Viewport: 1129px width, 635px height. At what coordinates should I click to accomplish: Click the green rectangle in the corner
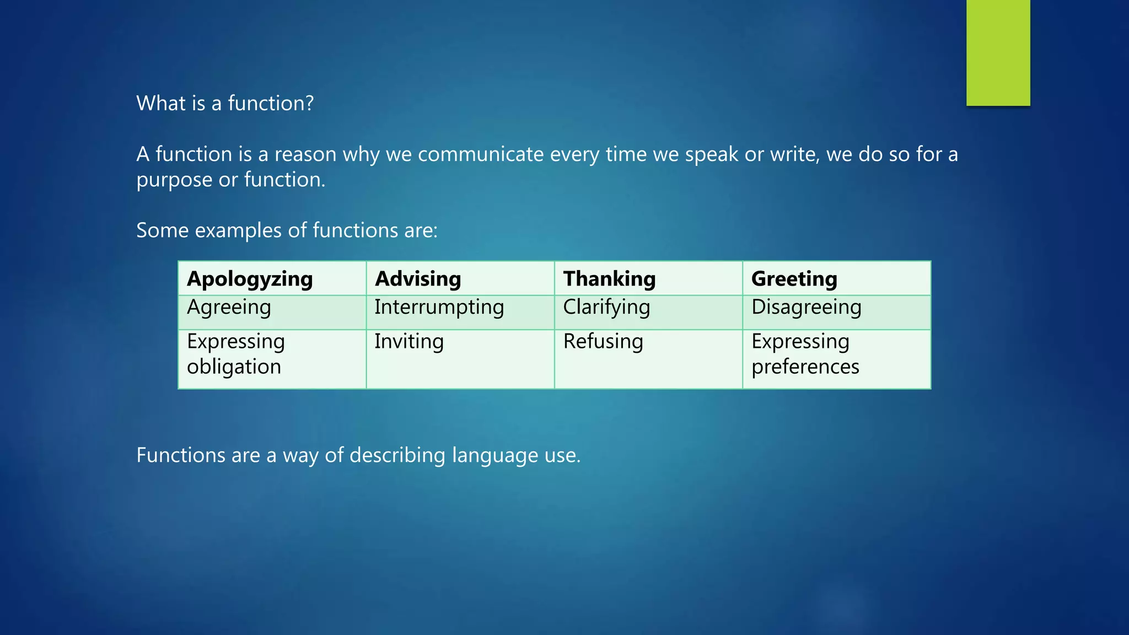tap(998, 52)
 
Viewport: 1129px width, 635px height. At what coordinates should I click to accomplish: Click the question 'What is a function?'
tap(225, 104)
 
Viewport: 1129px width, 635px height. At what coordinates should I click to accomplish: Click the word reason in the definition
tap(305, 154)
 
